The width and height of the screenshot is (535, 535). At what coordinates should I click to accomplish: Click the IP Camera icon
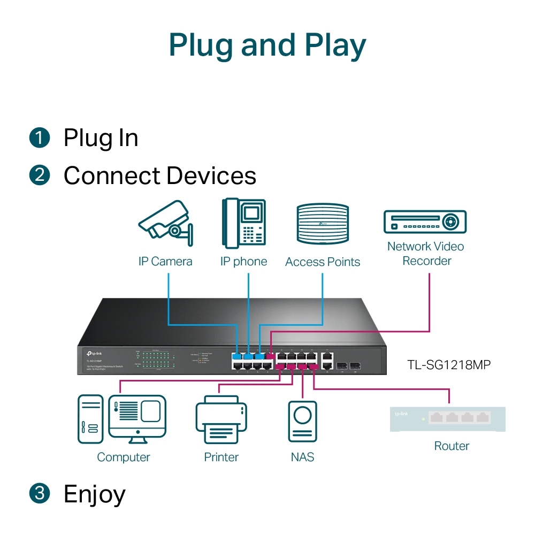click(165, 224)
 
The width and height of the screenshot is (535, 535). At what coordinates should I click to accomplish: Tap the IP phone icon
click(244, 224)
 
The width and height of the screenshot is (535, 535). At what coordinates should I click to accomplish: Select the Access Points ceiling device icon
click(323, 225)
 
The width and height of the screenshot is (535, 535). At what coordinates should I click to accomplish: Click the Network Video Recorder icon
click(425, 221)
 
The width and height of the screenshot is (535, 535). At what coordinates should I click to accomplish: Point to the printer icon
click(221, 420)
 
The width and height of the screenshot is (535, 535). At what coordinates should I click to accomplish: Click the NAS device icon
click(302, 422)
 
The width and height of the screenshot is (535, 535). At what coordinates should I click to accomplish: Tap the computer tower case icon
click(90, 419)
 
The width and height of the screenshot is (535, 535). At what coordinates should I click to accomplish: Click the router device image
click(448, 419)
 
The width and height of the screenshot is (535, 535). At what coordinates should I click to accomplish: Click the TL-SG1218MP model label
click(449, 365)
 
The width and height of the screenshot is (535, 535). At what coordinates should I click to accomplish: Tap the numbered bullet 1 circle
click(40, 137)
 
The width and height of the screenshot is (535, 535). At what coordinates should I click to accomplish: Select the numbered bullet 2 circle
click(40, 175)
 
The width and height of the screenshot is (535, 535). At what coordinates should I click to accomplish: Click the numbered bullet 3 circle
click(40, 493)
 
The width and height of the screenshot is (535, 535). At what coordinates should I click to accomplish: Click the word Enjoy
click(95, 494)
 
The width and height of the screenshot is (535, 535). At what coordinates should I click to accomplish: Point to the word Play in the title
click(335, 46)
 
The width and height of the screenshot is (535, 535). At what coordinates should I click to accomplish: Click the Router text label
click(452, 446)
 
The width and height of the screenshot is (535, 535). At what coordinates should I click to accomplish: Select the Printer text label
click(221, 457)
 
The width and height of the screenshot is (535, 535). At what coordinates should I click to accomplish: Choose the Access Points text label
click(323, 262)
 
